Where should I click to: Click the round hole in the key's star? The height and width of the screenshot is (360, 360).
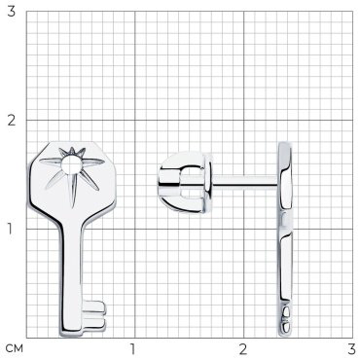tap(72, 165)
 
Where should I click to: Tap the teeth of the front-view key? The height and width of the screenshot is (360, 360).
tap(94, 314)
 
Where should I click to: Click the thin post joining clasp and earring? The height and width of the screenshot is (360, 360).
tap(246, 182)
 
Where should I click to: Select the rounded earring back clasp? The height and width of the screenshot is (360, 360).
tap(185, 182)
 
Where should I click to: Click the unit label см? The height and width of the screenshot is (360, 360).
tap(15, 349)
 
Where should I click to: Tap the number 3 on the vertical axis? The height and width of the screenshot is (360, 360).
tap(12, 12)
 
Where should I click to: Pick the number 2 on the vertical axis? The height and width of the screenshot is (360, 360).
tap(12, 121)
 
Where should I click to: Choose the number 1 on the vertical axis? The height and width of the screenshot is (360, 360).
tap(11, 230)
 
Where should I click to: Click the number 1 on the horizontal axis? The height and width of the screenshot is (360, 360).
tap(132, 349)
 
